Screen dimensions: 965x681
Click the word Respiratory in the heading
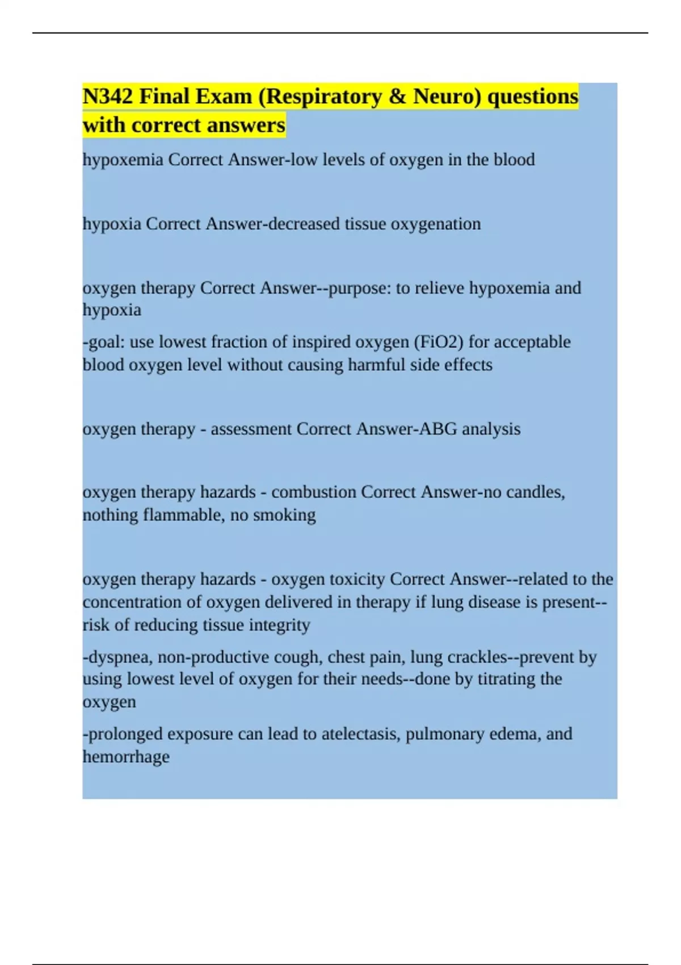[323, 96]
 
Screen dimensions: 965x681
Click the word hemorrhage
[126, 757]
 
